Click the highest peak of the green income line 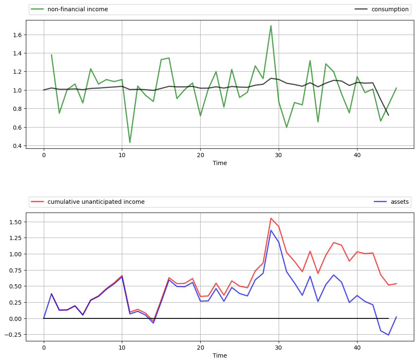pyautogui.click(x=271, y=26)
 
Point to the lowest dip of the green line pyautogui.click(x=130, y=143)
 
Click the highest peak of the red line pyautogui.click(x=271, y=218)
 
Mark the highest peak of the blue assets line pyautogui.click(x=271, y=230)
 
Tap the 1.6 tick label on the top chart pyautogui.click(x=17, y=35)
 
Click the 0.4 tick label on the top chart pyautogui.click(x=17, y=145)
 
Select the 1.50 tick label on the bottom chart pyautogui.click(x=15, y=222)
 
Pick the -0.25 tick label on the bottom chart pyautogui.click(x=14, y=334)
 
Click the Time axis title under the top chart pyautogui.click(x=220, y=163)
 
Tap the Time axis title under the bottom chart pyautogui.click(x=220, y=355)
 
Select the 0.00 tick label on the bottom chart pyautogui.click(x=15, y=318)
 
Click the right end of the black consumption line pyautogui.click(x=388, y=115)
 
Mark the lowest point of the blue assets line pyautogui.click(x=388, y=335)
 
